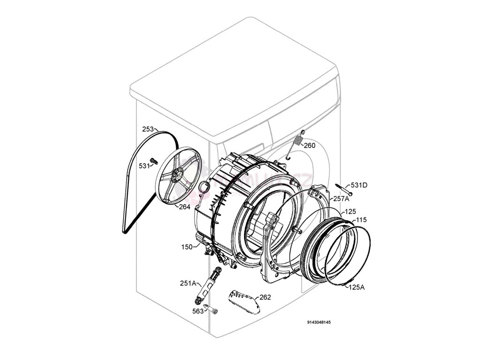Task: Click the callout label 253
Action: [x=148, y=129]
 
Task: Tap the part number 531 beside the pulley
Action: [x=144, y=165]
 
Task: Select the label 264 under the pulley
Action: [x=184, y=206]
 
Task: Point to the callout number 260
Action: [x=309, y=145]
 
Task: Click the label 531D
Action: [x=359, y=185]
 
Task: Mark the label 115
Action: [x=361, y=220]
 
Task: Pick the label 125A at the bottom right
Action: [x=356, y=287]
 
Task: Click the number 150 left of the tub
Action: [x=187, y=247]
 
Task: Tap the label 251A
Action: [x=187, y=283]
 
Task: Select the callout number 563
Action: [x=198, y=311]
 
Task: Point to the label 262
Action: [x=265, y=297]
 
